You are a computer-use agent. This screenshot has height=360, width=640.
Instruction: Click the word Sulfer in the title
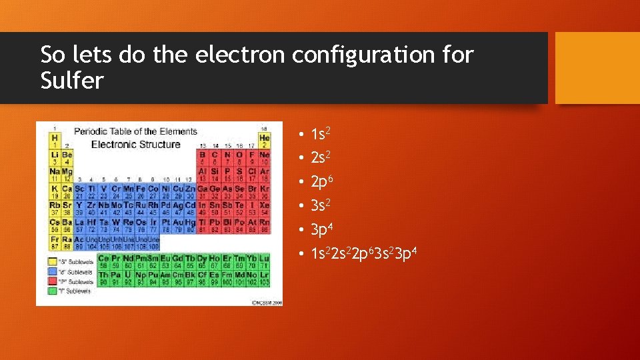coord(72,81)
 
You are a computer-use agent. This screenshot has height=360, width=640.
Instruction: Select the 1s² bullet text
coord(321,134)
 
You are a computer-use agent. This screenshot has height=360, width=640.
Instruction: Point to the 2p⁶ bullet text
coord(321,181)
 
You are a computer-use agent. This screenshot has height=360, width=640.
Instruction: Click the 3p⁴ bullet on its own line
coord(321,229)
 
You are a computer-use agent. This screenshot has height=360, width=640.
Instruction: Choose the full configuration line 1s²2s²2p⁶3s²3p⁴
coord(364,253)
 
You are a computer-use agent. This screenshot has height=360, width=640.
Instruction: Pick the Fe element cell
coord(141,191)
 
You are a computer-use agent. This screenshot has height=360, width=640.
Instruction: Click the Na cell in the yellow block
coord(54,175)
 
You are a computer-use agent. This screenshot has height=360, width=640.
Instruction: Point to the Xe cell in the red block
coord(264,208)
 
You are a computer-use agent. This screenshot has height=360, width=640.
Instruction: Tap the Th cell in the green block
coord(103,278)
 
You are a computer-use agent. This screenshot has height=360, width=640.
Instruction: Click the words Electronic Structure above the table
coord(135,145)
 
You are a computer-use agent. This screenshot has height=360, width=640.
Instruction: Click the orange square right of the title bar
coord(597,68)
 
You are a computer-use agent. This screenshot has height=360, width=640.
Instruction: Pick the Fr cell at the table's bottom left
coord(54,242)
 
